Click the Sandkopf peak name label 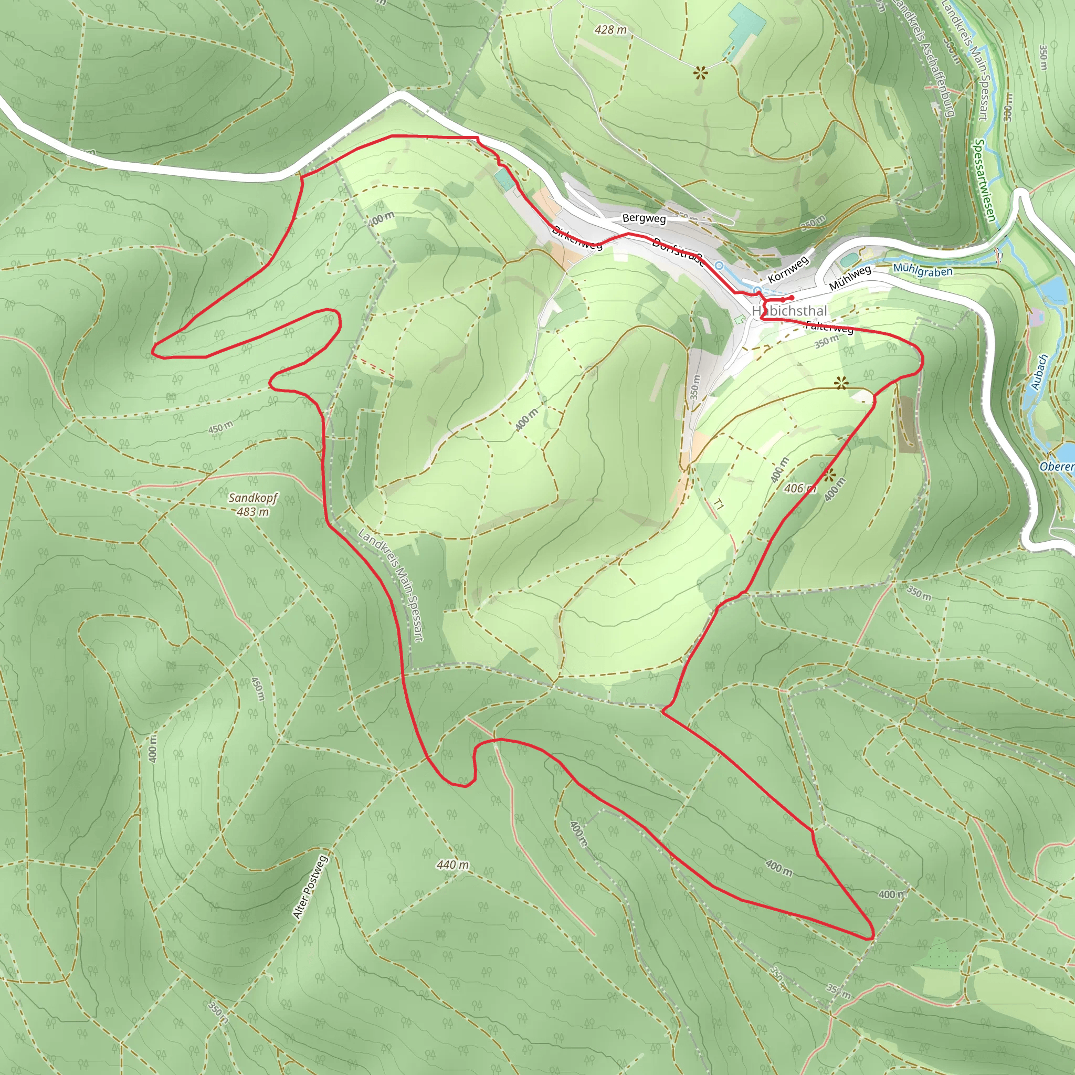point(253,498)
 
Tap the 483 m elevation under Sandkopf point(253,511)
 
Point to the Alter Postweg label point(311,888)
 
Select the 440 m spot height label point(452,865)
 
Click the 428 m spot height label point(610,30)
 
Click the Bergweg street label point(644,219)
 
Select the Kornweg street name point(787,270)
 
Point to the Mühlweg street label point(850,278)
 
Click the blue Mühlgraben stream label point(923,270)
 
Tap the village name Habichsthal point(789,311)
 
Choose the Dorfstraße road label point(678,251)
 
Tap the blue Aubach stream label point(1038,372)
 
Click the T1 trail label point(719,504)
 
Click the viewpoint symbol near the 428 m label point(701,72)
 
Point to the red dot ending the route point(791,298)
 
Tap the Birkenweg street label point(577,238)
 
